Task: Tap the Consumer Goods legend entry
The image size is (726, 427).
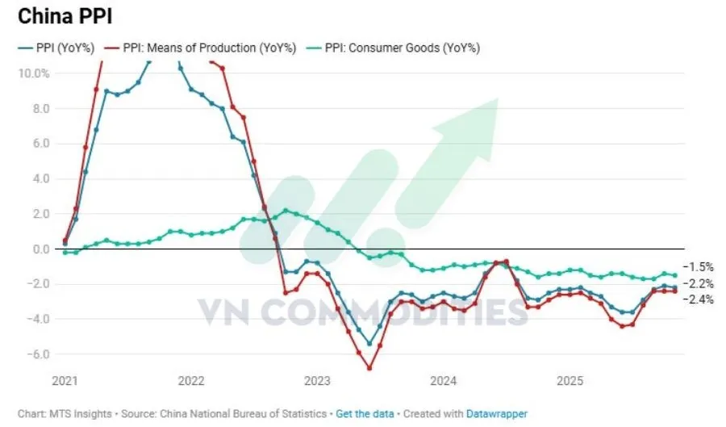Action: tap(402, 48)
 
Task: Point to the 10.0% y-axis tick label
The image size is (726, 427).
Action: tap(33, 73)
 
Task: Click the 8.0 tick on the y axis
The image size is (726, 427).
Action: tap(40, 108)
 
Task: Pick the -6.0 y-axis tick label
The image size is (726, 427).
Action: tap(39, 354)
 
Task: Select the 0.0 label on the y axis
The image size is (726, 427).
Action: tap(40, 249)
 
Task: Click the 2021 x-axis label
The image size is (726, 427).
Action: tap(65, 380)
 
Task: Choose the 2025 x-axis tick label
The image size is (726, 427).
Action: tap(570, 380)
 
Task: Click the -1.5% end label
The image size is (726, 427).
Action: tap(698, 266)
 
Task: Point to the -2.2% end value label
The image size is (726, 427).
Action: tap(698, 283)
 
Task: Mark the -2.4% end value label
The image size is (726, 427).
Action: tap(698, 299)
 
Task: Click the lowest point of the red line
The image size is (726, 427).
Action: tap(369, 368)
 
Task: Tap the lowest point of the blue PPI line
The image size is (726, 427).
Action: tap(369, 344)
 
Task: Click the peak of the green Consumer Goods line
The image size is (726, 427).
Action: tap(286, 211)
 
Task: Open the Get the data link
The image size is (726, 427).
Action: tap(365, 413)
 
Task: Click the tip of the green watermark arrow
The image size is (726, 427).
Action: tap(497, 99)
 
